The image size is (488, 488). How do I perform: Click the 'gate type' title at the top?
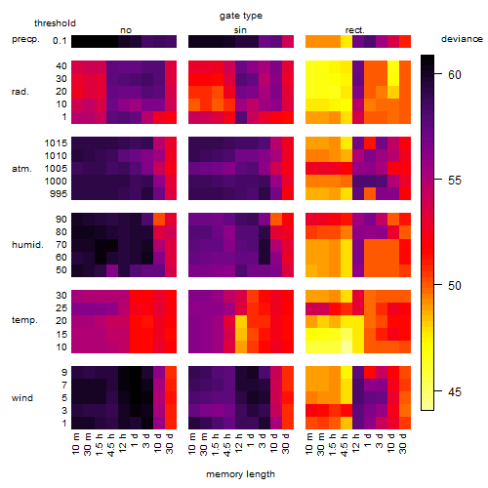point(241,16)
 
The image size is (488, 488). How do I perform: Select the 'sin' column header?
point(240,30)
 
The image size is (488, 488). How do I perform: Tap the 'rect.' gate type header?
point(354,30)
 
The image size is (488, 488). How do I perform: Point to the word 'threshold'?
point(55,23)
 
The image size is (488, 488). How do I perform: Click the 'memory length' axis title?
point(240,474)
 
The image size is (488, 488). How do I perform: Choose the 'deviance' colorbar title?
point(462,39)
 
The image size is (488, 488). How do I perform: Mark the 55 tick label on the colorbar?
point(455,181)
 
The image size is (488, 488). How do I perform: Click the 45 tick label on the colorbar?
point(455,391)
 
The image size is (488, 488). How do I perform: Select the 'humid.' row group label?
point(27,245)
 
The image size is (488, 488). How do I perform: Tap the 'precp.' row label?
point(25,39)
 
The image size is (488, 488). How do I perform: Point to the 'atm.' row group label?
point(21,169)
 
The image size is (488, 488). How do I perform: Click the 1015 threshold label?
point(56,142)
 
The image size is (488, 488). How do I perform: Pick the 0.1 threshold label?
point(60,41)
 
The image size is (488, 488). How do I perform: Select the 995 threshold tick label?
point(59,193)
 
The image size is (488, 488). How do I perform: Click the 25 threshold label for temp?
point(61,307)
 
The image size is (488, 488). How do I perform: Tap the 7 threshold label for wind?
point(64,385)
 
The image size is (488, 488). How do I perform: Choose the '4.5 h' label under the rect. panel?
point(345,444)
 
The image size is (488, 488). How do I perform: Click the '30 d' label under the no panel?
point(171,443)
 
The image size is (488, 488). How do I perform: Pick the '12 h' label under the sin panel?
point(239,443)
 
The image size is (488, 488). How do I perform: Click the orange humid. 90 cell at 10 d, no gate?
point(159,220)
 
